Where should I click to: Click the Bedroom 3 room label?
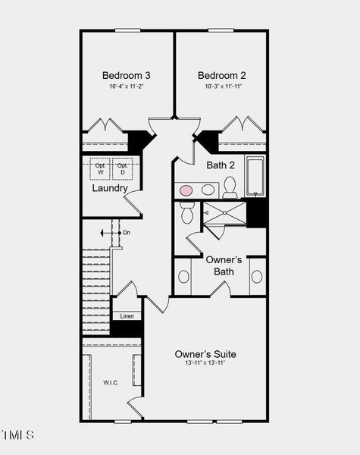[127, 75]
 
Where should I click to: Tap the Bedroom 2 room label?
[222, 75]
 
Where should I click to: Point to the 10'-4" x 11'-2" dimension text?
[127, 87]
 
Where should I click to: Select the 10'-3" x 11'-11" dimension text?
[222, 87]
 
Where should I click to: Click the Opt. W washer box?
[100, 168]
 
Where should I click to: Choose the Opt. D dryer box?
[121, 168]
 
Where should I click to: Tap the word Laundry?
[110, 188]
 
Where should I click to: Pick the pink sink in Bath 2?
[186, 189]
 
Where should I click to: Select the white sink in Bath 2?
[207, 189]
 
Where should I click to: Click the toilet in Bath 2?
[230, 187]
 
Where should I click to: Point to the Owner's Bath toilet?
[187, 212]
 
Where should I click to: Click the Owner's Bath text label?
[224, 265]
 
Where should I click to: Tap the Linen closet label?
[127, 315]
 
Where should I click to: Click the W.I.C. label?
[111, 382]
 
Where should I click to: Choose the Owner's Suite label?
[205, 354]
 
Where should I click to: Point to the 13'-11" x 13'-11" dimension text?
[205, 364]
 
